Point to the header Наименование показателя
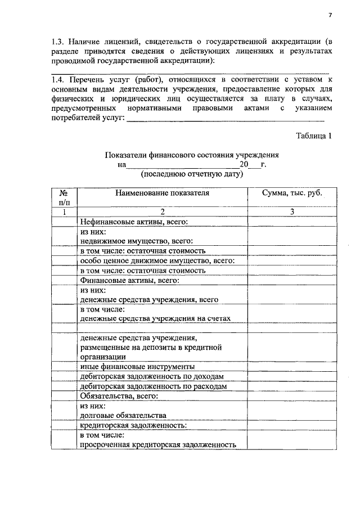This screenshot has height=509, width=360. tap(162, 192)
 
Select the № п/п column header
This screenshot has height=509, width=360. tap(64, 197)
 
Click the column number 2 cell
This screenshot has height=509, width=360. tap(162, 211)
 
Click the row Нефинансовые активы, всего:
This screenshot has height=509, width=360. tap(133, 222)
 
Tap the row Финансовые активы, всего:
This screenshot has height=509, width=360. tap(129, 280)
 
